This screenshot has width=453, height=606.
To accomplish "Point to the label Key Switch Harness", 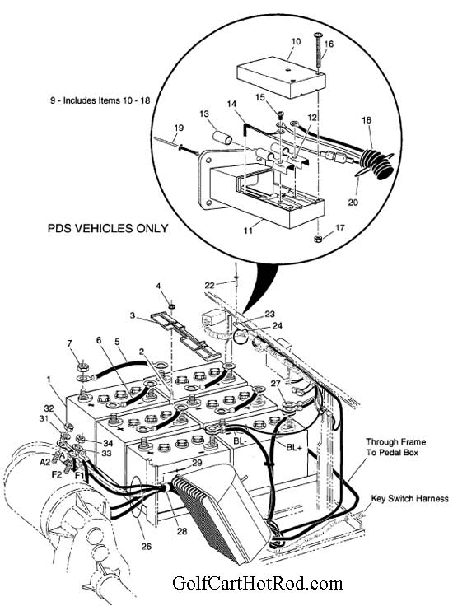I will click(x=409, y=499).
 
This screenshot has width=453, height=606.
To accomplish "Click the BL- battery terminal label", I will click(x=240, y=441).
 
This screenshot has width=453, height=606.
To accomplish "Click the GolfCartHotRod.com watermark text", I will click(x=256, y=584).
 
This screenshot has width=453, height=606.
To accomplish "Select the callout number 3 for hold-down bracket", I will click(x=129, y=315).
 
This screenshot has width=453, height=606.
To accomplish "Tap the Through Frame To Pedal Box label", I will click(x=395, y=446).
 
